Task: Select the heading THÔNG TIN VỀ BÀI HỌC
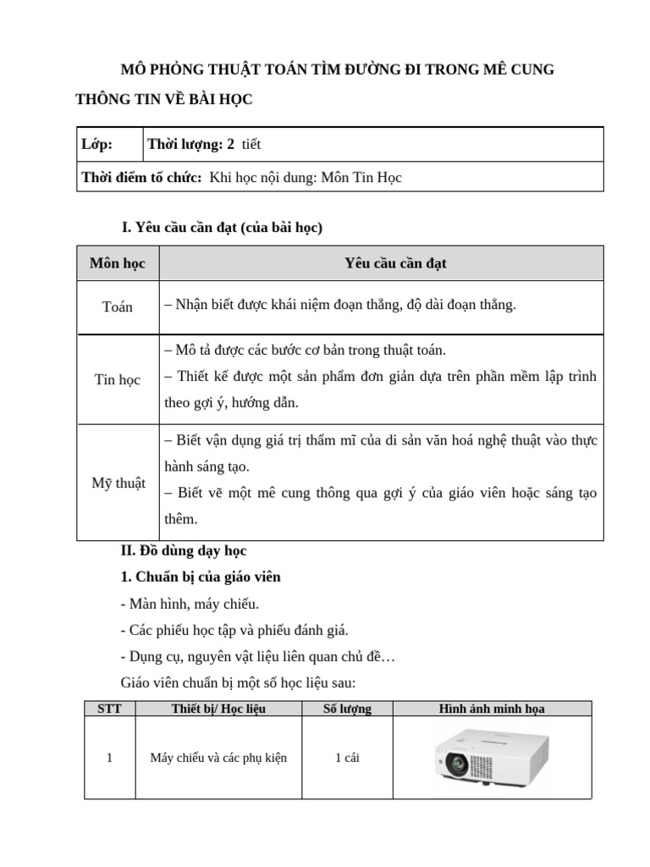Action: (x=164, y=100)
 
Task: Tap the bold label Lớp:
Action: (x=96, y=144)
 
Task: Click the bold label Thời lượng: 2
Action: (x=191, y=144)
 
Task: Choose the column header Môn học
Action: (x=118, y=263)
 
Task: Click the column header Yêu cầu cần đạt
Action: (x=395, y=263)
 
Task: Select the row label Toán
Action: (x=118, y=307)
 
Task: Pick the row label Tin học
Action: (x=118, y=379)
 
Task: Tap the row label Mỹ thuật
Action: (x=118, y=483)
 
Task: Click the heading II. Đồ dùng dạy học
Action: (x=184, y=551)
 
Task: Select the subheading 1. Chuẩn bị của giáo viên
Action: (x=201, y=577)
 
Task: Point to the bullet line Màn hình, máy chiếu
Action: (x=190, y=604)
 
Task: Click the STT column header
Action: (x=109, y=709)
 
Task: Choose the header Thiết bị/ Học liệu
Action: (x=218, y=709)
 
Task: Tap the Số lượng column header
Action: (x=347, y=709)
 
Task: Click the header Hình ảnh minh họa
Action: (x=492, y=709)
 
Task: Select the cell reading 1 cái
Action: (x=347, y=758)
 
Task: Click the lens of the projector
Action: (x=458, y=766)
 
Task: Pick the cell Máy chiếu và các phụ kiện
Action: (x=218, y=758)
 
